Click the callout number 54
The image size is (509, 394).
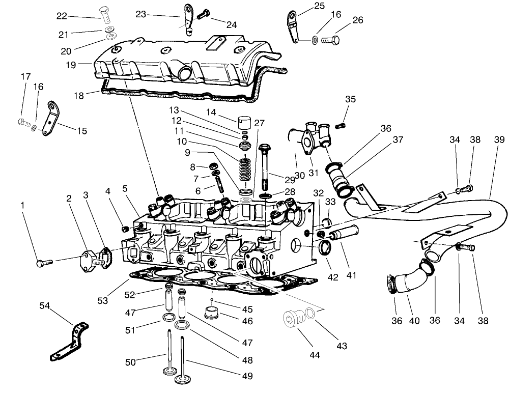pyautogui.click(x=45, y=305)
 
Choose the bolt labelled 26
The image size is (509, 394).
pyautogui.click(x=330, y=39)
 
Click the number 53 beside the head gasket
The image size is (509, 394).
pyautogui.click(x=103, y=301)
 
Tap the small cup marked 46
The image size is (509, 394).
pyautogui.click(x=211, y=311)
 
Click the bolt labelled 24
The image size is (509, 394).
pyautogui.click(x=203, y=15)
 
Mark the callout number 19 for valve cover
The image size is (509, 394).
pyautogui.click(x=70, y=65)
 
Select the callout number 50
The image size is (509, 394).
pyautogui.click(x=131, y=362)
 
